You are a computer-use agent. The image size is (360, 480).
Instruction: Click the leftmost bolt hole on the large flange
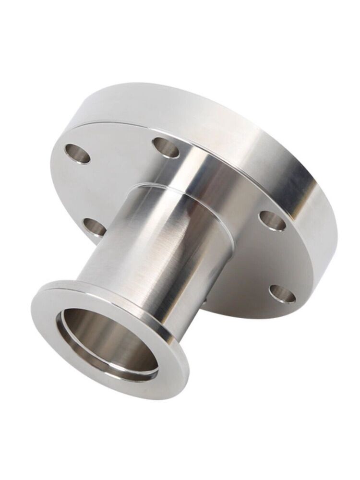pos(77,154)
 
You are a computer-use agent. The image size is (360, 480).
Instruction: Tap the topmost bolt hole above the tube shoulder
pos(166,147)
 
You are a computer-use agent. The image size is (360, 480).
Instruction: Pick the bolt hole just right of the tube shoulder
pos(272,220)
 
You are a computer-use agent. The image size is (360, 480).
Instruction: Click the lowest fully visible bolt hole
pos(282,293)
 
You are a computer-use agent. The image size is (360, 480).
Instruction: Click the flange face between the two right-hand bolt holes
pos(278,257)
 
